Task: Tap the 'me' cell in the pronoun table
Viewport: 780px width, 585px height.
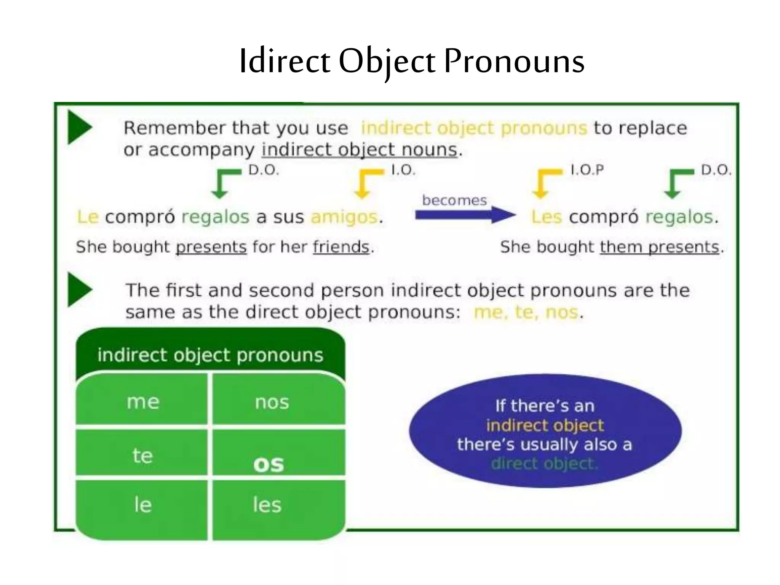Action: [143, 402]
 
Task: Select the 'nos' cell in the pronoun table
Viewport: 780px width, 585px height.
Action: [272, 402]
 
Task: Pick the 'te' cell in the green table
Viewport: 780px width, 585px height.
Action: [142, 456]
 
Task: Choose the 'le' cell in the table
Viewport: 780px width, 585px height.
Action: [143, 505]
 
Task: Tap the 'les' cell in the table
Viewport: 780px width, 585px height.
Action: [267, 505]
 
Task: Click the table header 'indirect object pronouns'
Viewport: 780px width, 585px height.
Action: [210, 355]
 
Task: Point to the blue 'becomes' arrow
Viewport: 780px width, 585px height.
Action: [465, 215]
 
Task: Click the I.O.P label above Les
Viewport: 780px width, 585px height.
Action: [587, 170]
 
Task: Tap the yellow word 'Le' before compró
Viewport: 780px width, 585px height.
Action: [88, 217]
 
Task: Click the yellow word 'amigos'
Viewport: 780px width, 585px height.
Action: [344, 217]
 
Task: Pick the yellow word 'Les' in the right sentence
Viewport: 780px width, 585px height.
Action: [547, 217]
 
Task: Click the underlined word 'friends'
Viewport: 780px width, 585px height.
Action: [341, 247]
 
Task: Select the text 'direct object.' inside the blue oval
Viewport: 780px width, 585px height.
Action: [545, 464]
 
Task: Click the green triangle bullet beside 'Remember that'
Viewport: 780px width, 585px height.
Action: [79, 127]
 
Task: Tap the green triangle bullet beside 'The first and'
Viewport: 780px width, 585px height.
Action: [79, 289]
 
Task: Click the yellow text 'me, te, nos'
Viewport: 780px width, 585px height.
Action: [526, 312]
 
